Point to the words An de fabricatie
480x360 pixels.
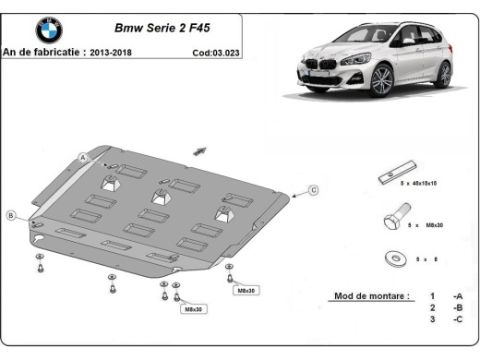coord(42,53)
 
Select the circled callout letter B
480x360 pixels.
coord(11,215)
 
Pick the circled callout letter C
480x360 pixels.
coord(313,190)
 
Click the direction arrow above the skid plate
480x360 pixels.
coord(199,150)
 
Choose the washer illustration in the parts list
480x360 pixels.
coord(394,258)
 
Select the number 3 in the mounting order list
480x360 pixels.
coord(432,318)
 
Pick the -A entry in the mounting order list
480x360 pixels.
coord(457,296)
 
